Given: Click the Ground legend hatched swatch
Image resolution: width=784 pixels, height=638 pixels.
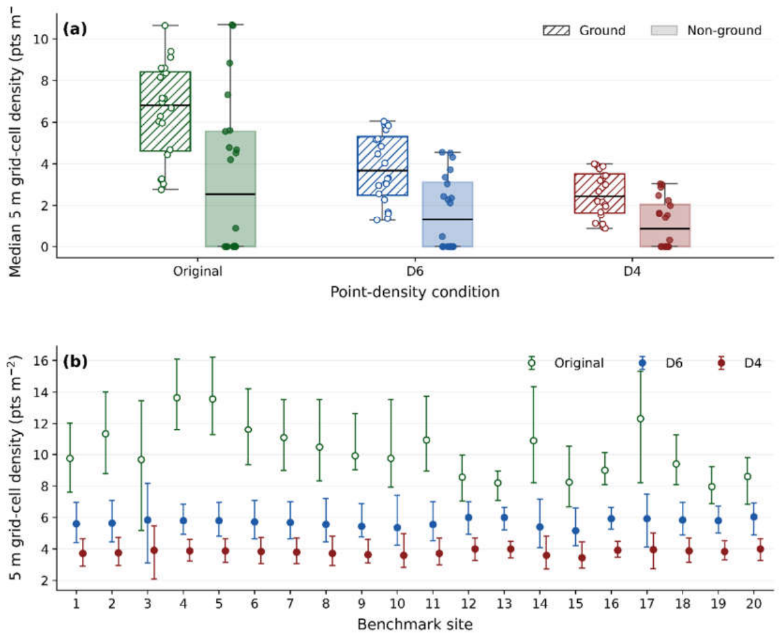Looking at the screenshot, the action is (556, 31).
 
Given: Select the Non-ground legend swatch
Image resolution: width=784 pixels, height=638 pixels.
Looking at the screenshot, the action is (664, 31).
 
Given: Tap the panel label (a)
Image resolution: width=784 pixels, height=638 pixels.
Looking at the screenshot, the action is (75, 29).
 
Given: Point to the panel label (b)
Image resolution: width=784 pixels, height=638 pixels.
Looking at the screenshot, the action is (75, 362).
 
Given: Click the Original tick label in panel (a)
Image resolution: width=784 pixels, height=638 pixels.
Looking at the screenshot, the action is (198, 271).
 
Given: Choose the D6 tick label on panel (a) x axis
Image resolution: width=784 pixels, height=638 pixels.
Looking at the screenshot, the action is (415, 271).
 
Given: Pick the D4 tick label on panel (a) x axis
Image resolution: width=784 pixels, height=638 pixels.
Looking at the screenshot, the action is (632, 271).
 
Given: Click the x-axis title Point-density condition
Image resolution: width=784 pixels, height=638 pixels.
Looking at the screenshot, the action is (415, 292).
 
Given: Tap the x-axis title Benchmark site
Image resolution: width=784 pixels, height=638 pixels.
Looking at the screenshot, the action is (415, 624).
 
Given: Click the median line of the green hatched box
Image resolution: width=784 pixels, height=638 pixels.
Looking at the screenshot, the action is (165, 105).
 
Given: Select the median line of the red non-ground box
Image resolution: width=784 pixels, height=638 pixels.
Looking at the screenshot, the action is (665, 228).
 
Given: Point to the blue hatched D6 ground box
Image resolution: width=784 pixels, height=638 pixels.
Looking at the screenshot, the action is (383, 166).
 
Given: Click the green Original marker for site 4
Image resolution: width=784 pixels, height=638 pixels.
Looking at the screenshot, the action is (177, 398).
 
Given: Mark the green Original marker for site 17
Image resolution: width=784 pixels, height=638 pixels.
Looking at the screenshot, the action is (640, 419).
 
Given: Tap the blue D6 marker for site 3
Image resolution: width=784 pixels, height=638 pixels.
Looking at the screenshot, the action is (148, 520).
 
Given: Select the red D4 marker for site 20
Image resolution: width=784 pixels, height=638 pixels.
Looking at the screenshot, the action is (760, 550).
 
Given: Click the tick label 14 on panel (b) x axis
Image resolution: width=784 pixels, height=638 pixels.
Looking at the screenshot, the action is (539, 604).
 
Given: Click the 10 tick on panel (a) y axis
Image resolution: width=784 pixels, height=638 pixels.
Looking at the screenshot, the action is (42, 39).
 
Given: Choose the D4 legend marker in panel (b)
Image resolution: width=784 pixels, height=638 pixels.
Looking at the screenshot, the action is (722, 363).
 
